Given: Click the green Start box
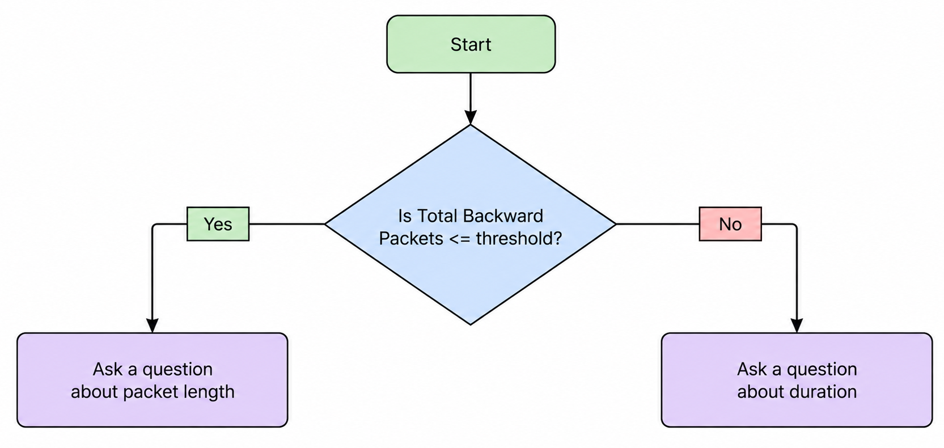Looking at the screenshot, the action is point(471,44).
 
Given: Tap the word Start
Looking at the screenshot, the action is point(471,45).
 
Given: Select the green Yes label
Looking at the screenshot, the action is point(218,224).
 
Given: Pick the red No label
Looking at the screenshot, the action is point(730,224).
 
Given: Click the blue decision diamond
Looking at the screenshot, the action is point(471,225).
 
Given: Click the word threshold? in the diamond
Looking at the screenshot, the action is point(519,239).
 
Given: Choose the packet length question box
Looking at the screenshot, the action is point(153,380).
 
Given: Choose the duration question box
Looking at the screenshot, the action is point(797,380).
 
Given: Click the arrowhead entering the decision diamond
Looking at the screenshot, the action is point(471,117).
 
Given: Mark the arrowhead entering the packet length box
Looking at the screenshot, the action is point(152,326).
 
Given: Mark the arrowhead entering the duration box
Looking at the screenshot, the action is point(797,326).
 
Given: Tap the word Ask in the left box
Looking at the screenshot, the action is point(108,369).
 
